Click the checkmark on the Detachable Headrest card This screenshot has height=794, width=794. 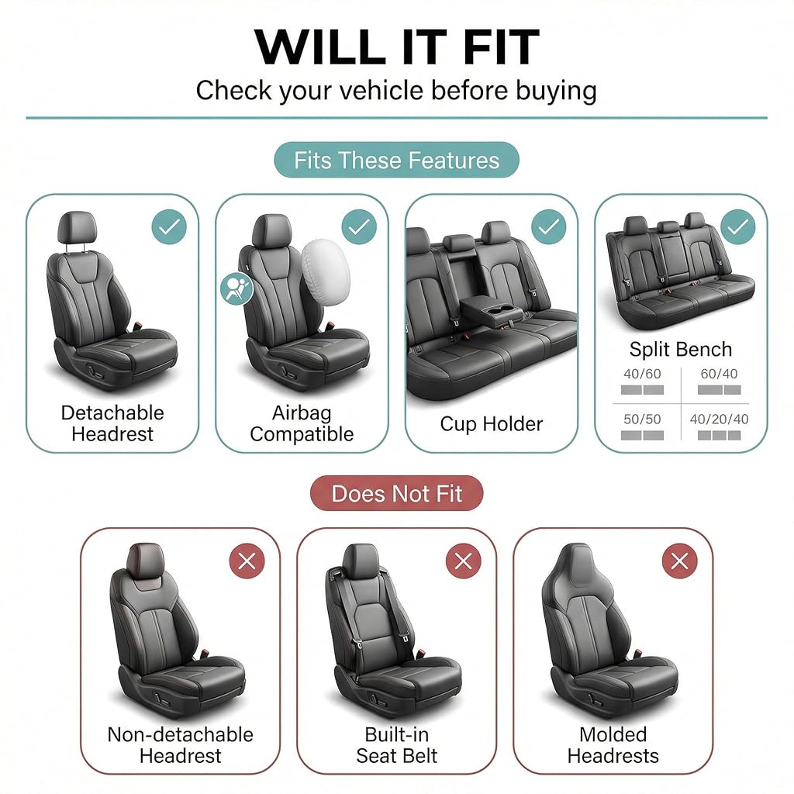click(x=169, y=227)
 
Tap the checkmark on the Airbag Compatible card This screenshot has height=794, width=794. click(x=359, y=227)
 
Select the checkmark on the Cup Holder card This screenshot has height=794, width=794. click(x=549, y=227)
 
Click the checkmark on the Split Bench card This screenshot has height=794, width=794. click(x=738, y=227)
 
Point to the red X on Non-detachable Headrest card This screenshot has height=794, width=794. click(x=247, y=561)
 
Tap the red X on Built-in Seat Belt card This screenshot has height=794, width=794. click(x=464, y=561)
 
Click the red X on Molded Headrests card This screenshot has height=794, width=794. click(x=679, y=561)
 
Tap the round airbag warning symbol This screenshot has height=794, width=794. click(x=236, y=288)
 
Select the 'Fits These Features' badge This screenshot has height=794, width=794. click(x=396, y=160)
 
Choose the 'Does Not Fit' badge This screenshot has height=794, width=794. click(x=396, y=493)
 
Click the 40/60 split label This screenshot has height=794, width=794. click(x=642, y=374)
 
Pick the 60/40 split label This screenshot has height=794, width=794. click(x=719, y=374)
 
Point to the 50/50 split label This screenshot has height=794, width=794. click(x=642, y=419)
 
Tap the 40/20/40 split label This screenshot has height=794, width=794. click(x=719, y=419)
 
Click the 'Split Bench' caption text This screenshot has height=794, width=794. click(x=681, y=350)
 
